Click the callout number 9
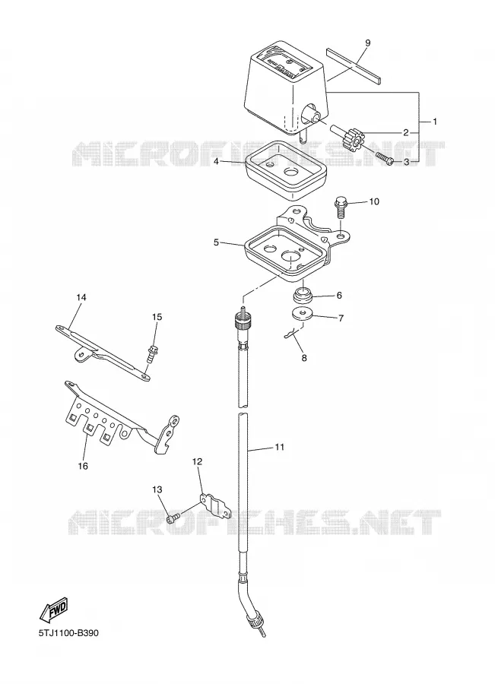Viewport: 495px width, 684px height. [367, 43]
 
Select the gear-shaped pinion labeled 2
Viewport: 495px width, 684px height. [353, 139]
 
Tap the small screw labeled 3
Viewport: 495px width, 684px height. [385, 157]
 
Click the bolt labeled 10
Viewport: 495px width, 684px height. [341, 207]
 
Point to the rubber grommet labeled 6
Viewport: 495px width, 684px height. [302, 296]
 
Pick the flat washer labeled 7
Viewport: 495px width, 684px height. [301, 314]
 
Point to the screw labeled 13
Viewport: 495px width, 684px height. [173, 518]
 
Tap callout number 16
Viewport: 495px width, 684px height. [83, 466]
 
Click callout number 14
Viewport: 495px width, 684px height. [81, 297]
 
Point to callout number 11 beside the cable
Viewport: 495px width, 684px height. [279, 447]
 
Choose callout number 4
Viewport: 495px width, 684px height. [216, 161]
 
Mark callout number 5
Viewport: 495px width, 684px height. [216, 242]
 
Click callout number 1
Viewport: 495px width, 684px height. [435, 122]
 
